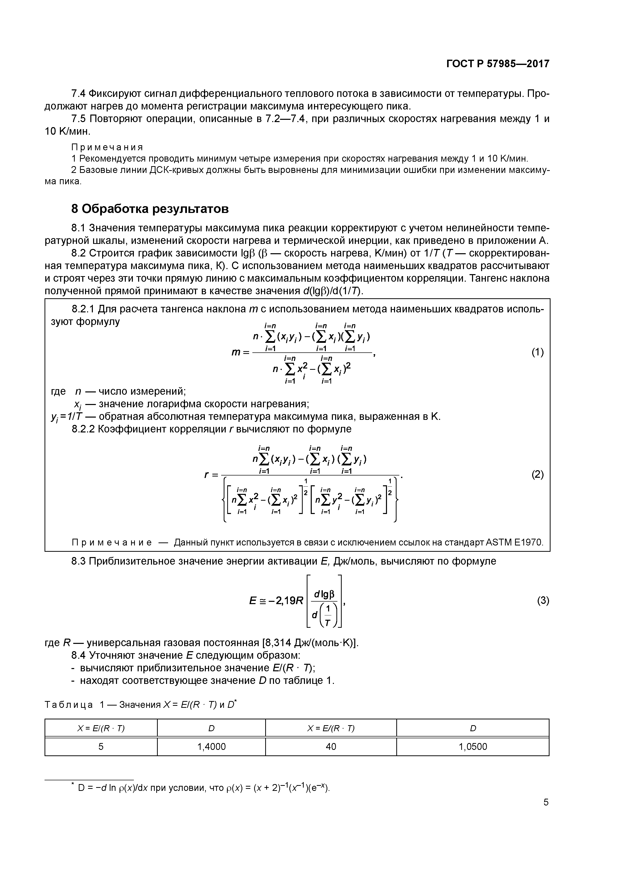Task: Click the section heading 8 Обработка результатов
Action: pos(150,209)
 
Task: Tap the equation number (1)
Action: pos(537,352)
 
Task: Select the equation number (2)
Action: pos(537,474)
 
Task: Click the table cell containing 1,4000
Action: pos(211,747)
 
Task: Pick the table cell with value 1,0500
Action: pos(473,747)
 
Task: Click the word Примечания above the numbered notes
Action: pos(107,147)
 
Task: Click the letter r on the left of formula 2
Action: pos(207,474)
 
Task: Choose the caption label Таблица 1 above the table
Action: pos(74,705)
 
